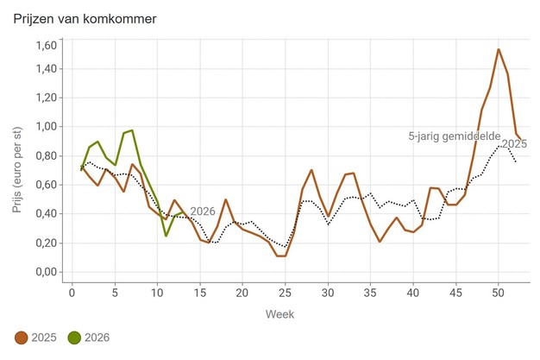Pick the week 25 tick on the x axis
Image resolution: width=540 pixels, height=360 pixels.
[285, 291]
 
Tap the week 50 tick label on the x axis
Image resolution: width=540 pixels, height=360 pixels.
[498, 291]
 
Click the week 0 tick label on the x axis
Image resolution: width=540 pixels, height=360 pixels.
[72, 291]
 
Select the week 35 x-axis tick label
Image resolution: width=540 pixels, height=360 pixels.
[370, 291]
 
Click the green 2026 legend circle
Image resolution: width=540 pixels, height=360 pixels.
[76, 338]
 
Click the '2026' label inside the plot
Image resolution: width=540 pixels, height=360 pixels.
[203, 212]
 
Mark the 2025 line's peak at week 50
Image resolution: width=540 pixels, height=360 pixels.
[499, 49]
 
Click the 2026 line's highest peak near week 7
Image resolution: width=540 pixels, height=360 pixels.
[131, 130]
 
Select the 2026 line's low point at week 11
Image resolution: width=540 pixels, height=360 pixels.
[166, 236]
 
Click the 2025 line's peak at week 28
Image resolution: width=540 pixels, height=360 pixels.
[311, 170]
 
